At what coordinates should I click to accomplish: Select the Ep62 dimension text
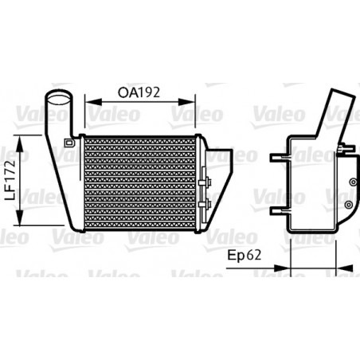click(244, 257)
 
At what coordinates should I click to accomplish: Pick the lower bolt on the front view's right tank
click(209, 206)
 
